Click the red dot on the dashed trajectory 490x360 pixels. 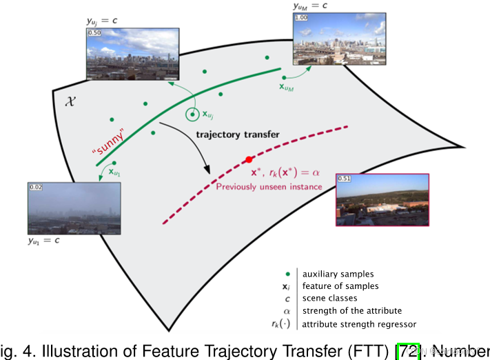pyautogui.click(x=249, y=160)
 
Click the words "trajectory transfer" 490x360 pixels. pyautogui.click(x=238, y=134)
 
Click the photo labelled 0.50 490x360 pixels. pyautogui.click(x=132, y=53)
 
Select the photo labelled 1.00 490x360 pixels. pyautogui.click(x=332, y=42)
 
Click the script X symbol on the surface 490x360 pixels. pyautogui.click(x=70, y=100)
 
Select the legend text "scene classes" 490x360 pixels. pyautogui.click(x=330, y=298)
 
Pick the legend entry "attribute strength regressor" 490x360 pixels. pyautogui.click(x=359, y=323)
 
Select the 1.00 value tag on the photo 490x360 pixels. pyautogui.click(x=300, y=18)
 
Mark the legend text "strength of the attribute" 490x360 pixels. pyautogui.click(x=349, y=311)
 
